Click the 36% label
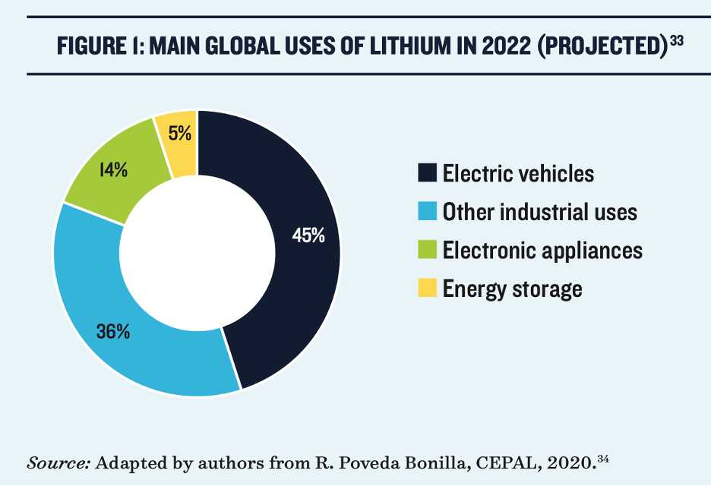(x=113, y=331)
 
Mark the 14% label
(x=113, y=170)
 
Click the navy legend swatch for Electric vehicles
(x=427, y=173)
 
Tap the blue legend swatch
(x=427, y=212)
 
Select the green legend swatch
(x=427, y=250)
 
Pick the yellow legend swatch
(x=427, y=289)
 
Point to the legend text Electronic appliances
(x=542, y=250)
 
